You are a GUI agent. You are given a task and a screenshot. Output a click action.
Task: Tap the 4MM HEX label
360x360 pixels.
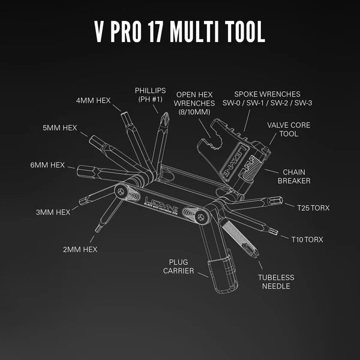click(93, 100)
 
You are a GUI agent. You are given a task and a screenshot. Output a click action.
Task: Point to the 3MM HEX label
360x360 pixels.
click(53, 212)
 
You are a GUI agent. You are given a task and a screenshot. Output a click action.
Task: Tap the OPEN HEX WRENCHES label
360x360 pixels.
click(193, 103)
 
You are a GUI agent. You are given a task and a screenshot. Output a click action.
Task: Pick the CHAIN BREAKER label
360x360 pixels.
click(293, 176)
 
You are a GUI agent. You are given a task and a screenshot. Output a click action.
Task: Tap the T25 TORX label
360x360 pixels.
click(313, 208)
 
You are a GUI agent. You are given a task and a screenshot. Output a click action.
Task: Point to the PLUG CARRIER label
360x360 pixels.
click(178, 266)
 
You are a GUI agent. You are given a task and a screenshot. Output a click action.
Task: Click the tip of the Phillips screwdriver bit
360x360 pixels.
click(162, 115)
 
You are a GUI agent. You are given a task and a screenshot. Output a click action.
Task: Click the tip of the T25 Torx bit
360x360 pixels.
click(280, 199)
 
